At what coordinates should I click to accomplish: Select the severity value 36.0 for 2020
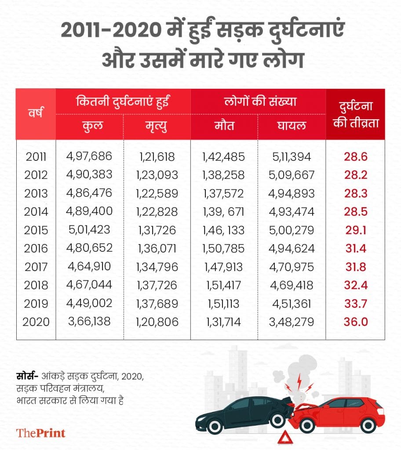point(356,322)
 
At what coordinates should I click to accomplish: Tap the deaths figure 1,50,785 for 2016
point(224,249)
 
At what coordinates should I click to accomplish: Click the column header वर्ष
point(36,114)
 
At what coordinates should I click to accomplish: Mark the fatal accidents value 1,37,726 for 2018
point(157,285)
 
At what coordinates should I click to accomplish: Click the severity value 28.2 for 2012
point(356,174)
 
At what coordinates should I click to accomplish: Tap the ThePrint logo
point(41,432)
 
